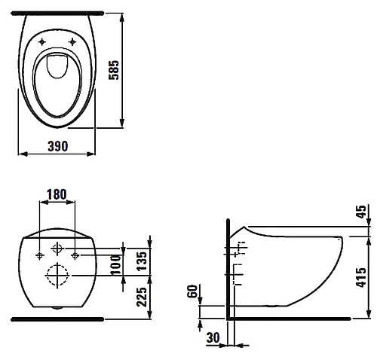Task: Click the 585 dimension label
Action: (x=114, y=70)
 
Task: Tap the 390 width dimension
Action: (x=58, y=146)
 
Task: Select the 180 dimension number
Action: (x=57, y=194)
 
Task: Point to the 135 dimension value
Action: (x=142, y=261)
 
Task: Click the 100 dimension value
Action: (x=116, y=264)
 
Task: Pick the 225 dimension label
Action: (x=142, y=297)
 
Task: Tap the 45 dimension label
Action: (x=361, y=212)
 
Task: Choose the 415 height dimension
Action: (x=361, y=277)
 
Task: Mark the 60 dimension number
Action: (x=192, y=291)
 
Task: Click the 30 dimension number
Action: (x=213, y=337)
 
